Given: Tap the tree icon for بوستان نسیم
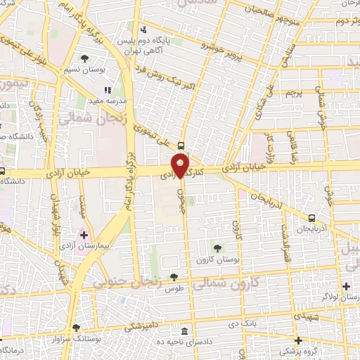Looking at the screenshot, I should [x=85, y=58].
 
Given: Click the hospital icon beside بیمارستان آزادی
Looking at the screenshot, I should [x=85, y=234].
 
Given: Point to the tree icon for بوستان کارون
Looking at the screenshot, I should [x=217, y=247].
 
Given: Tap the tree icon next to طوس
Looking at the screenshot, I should [x=173, y=278].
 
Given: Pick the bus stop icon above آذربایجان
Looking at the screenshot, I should [x=311, y=217].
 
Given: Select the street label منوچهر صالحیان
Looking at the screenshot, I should [x=276, y=9].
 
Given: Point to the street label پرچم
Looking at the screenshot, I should [x=292, y=92].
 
